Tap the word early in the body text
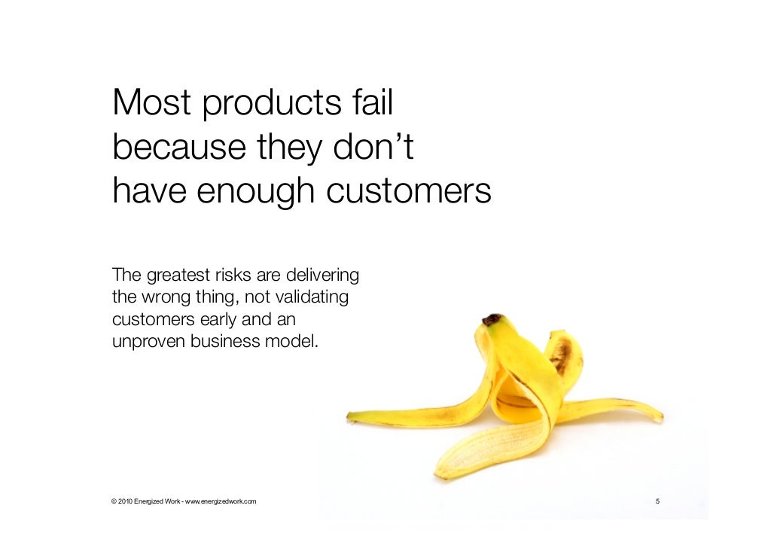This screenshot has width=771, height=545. [222, 320]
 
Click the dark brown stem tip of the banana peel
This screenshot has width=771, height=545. [492, 319]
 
